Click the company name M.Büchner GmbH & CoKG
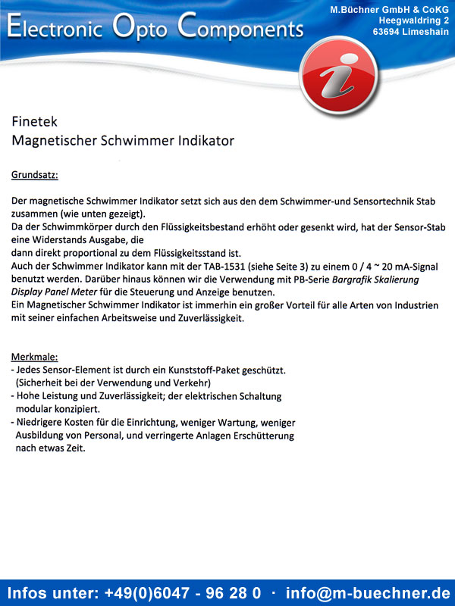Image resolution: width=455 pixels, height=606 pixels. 389,8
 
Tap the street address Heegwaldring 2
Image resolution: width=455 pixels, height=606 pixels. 413,20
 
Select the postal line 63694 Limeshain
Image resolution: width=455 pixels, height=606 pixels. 410,32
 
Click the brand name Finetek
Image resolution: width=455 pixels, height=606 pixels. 34,121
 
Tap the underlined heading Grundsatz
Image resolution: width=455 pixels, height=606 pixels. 34,175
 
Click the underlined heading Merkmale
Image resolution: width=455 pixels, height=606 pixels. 34,357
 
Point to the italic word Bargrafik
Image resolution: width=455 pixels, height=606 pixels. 356,280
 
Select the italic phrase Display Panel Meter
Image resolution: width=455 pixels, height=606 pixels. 57,292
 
